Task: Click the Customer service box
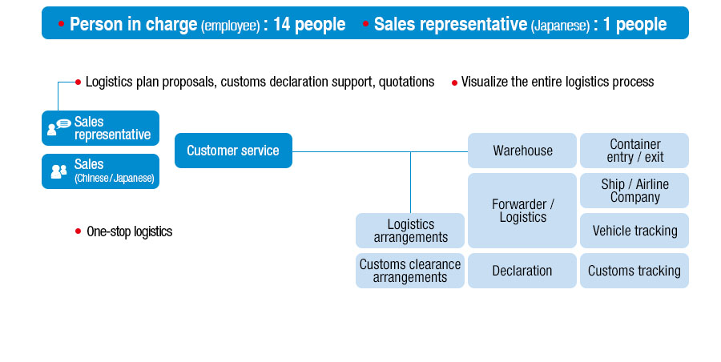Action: click(233, 151)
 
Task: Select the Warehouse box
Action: click(522, 151)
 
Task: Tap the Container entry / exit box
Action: click(634, 151)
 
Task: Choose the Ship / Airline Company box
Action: click(634, 191)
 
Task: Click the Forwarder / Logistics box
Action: click(522, 211)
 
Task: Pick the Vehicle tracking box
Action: click(634, 231)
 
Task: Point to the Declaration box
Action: click(522, 271)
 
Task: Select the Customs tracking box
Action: click(634, 271)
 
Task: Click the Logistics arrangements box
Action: click(410, 231)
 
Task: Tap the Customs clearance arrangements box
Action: click(410, 271)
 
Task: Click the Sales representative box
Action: click(101, 128)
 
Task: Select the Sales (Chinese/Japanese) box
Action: click(101, 171)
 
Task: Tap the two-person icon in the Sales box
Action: click(58, 171)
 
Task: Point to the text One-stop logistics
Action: click(129, 232)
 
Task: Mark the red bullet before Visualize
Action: click(454, 82)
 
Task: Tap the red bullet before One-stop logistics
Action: click(78, 231)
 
